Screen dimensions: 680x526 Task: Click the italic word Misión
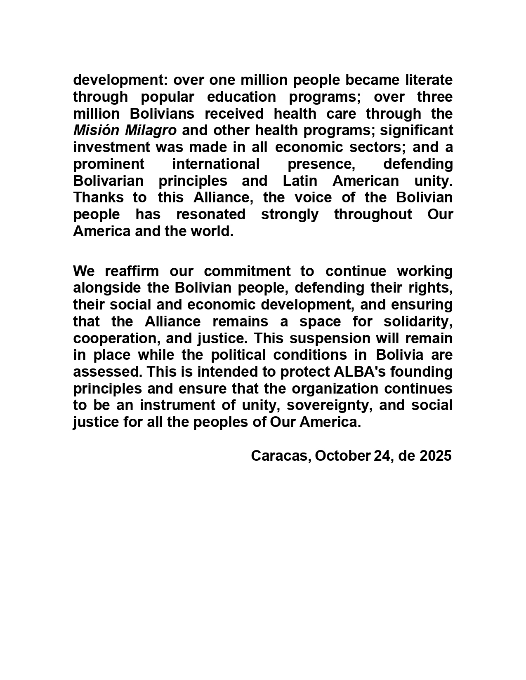point(97,130)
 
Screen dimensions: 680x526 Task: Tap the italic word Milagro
point(151,130)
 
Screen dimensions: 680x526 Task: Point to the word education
point(241,96)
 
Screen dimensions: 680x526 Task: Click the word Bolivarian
point(109,181)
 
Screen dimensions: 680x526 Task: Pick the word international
point(216,164)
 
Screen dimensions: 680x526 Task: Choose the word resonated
point(211,214)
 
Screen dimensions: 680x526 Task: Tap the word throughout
point(373,214)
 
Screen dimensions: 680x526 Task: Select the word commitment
point(247,271)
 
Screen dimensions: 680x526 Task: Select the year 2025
point(435,456)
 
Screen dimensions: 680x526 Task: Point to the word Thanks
point(98,197)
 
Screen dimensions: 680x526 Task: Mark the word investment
point(111,147)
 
